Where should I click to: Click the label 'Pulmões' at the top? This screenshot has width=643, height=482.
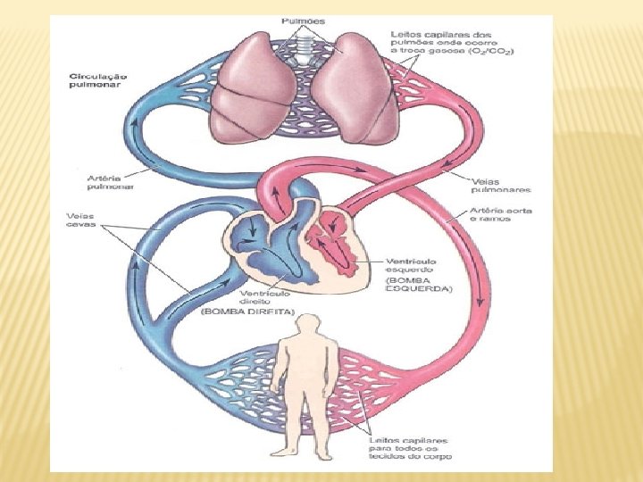tap(303, 21)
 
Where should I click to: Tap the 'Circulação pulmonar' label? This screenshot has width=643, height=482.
tap(98, 81)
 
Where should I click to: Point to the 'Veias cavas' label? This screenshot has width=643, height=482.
tap(81, 220)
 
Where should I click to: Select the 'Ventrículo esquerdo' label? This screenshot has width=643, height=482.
tap(410, 263)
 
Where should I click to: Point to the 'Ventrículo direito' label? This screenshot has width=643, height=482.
tap(263, 295)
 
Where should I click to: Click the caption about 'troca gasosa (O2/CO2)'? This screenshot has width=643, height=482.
tap(452, 43)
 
